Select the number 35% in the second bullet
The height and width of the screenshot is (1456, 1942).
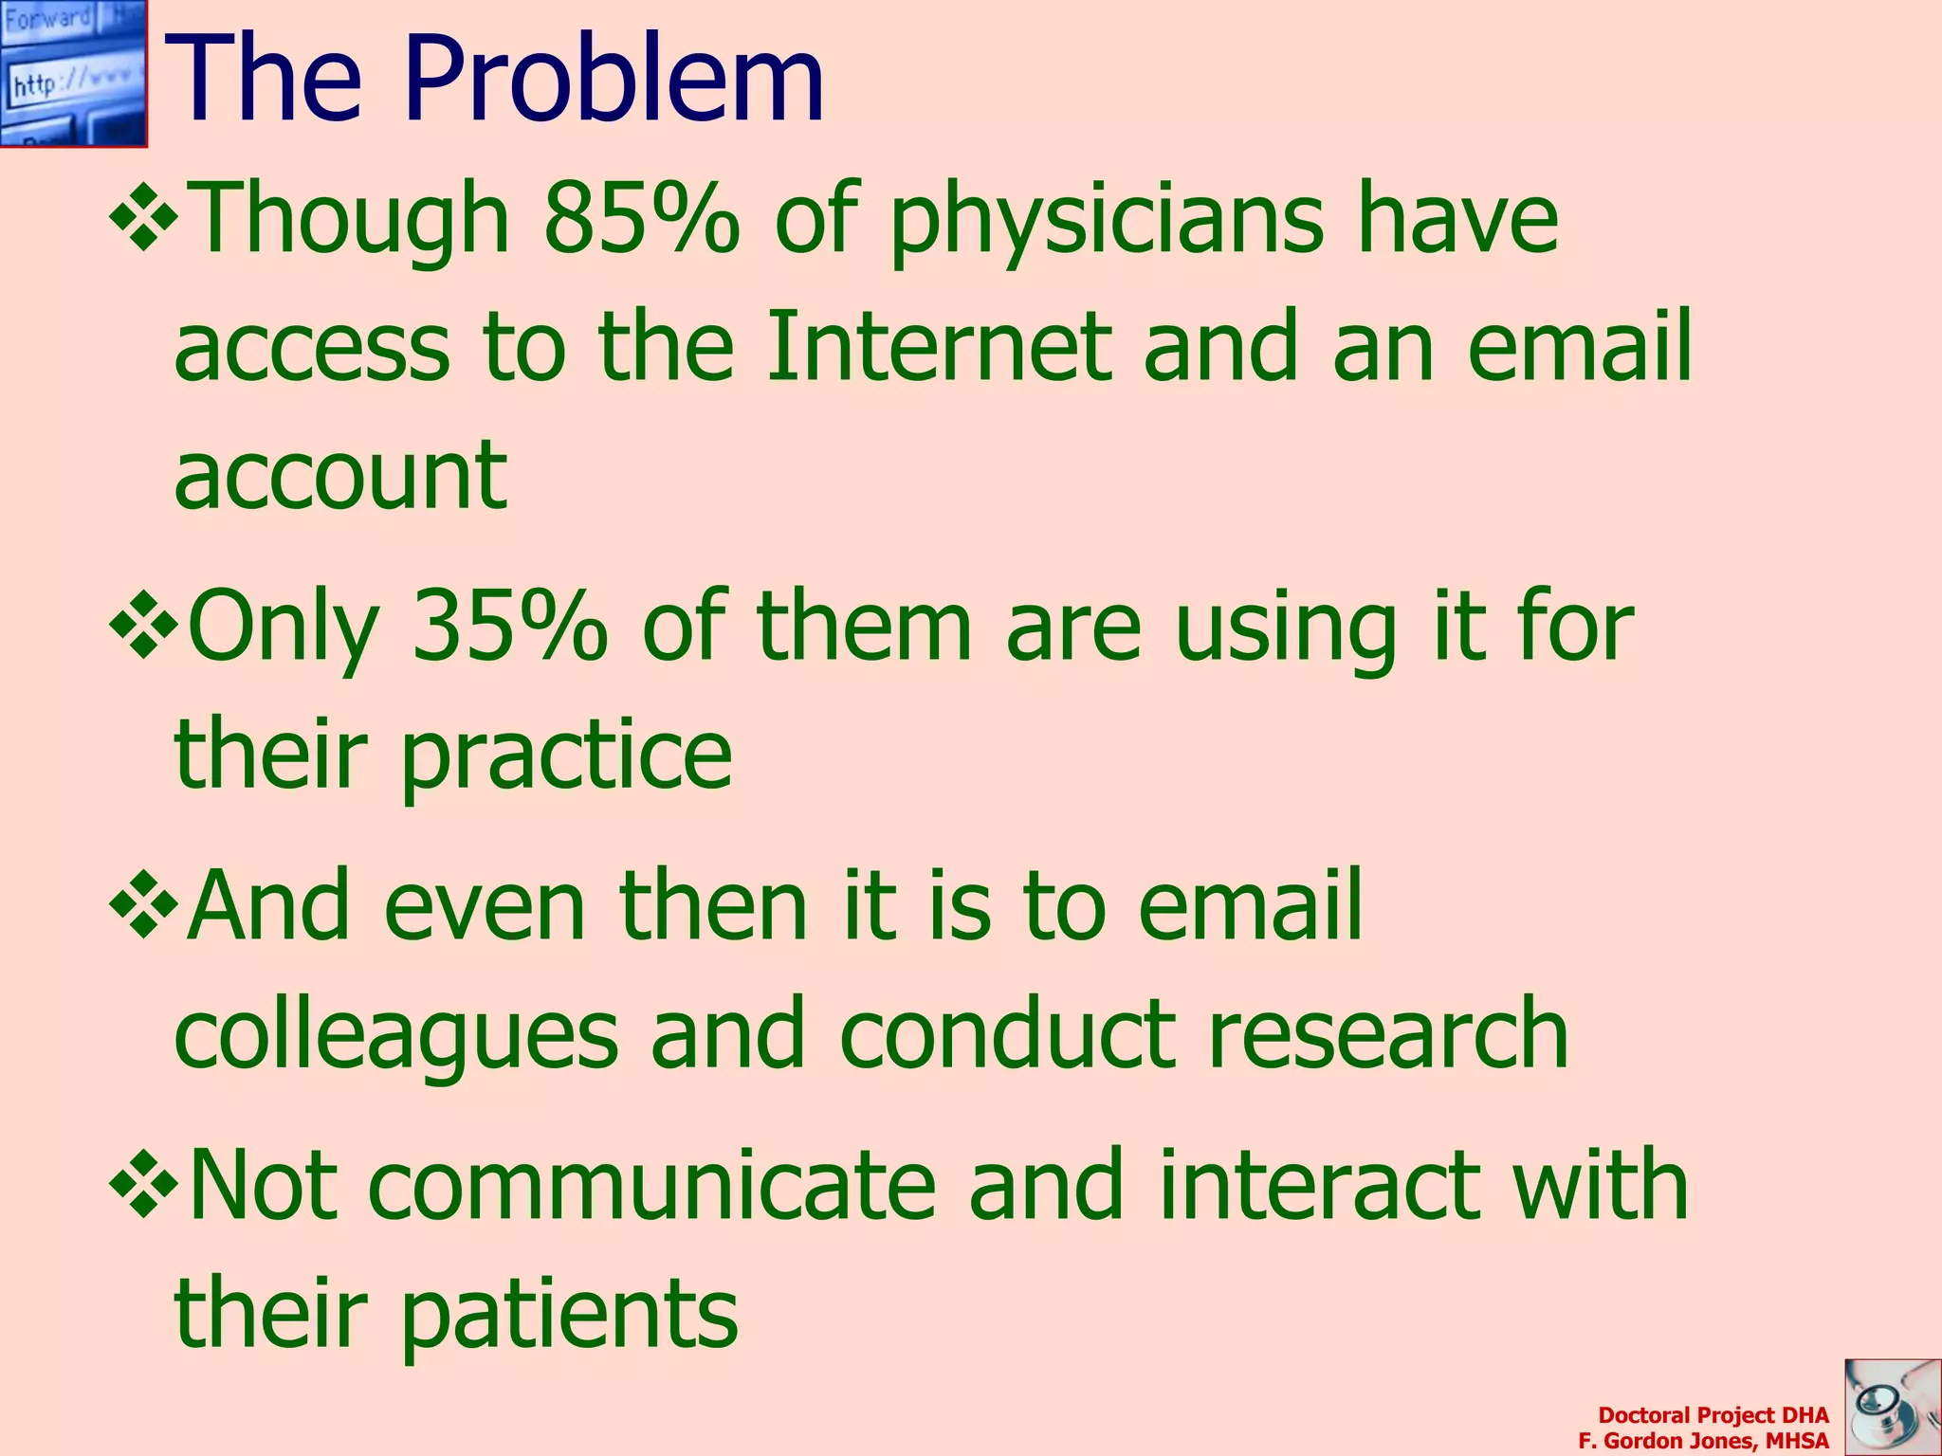(509, 626)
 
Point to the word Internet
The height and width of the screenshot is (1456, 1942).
(938, 346)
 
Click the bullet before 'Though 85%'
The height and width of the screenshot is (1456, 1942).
(144, 221)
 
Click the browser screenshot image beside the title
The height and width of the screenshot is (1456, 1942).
(73, 73)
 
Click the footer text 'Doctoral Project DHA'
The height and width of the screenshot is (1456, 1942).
(1713, 1415)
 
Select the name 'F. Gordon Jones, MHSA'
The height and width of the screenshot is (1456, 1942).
(1703, 1441)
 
